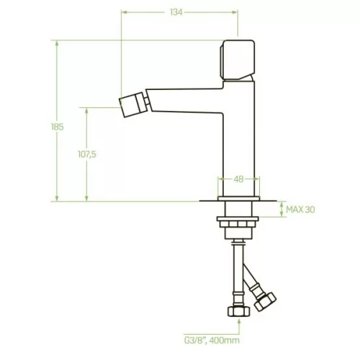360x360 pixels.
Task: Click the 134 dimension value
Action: pos(176,12)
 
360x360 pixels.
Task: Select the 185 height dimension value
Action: pos(58,127)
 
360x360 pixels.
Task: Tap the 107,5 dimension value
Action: pos(87,154)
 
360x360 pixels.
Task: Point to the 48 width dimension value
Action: pos(238,179)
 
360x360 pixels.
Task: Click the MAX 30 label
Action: pos(300,210)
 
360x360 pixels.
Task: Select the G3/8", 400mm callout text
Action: pos(212,340)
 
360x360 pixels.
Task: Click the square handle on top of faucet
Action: pos(238,60)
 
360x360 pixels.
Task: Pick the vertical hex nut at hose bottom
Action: pos(238,311)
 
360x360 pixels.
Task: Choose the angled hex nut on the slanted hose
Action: pos(265,302)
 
